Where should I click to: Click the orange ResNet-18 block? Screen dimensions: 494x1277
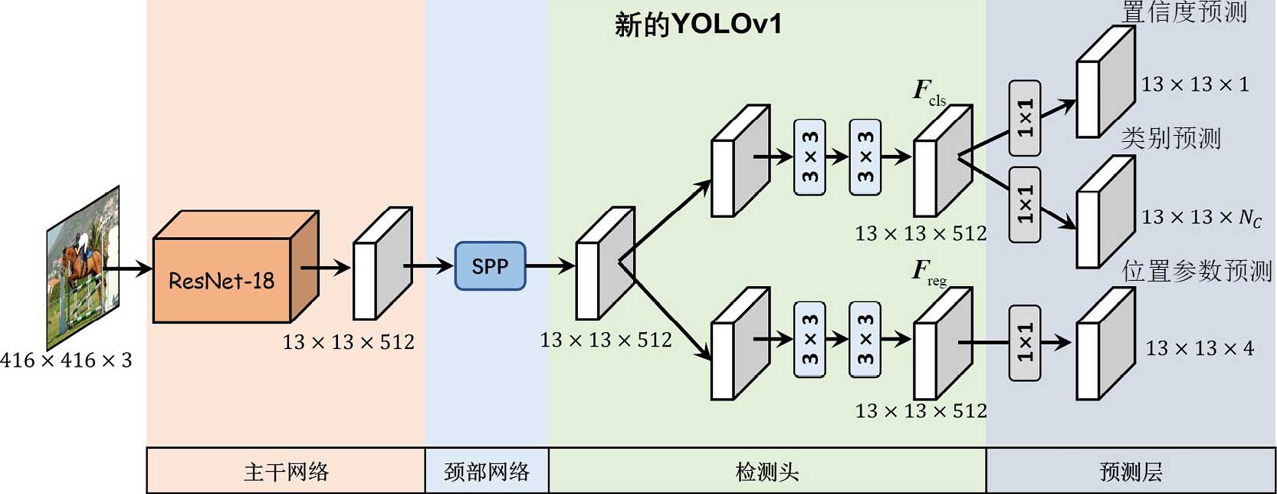[x=222, y=280]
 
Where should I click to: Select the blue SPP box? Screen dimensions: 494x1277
[x=490, y=266]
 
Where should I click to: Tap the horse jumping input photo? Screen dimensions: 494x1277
[x=83, y=266]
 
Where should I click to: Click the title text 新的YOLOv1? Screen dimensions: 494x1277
[x=698, y=24]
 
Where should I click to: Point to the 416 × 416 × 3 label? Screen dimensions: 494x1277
[x=66, y=360]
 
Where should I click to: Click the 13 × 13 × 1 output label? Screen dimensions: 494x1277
[x=1195, y=84]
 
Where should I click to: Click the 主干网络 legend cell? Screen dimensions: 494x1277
[x=286, y=471]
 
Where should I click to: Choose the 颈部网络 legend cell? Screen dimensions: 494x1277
[x=487, y=471]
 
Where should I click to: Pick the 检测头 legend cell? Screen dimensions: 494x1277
[x=767, y=471]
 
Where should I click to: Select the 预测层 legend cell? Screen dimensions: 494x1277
[x=1131, y=471]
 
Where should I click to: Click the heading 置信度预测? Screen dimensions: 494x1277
[x=1184, y=12]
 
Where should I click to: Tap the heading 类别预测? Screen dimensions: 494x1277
[x=1170, y=139]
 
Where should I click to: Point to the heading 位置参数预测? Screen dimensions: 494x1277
[x=1197, y=271]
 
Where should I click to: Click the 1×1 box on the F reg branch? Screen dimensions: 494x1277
[x=1025, y=342]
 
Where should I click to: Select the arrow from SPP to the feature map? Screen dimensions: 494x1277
[x=550, y=266]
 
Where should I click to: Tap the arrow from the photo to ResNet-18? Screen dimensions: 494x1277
[x=128, y=268]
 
